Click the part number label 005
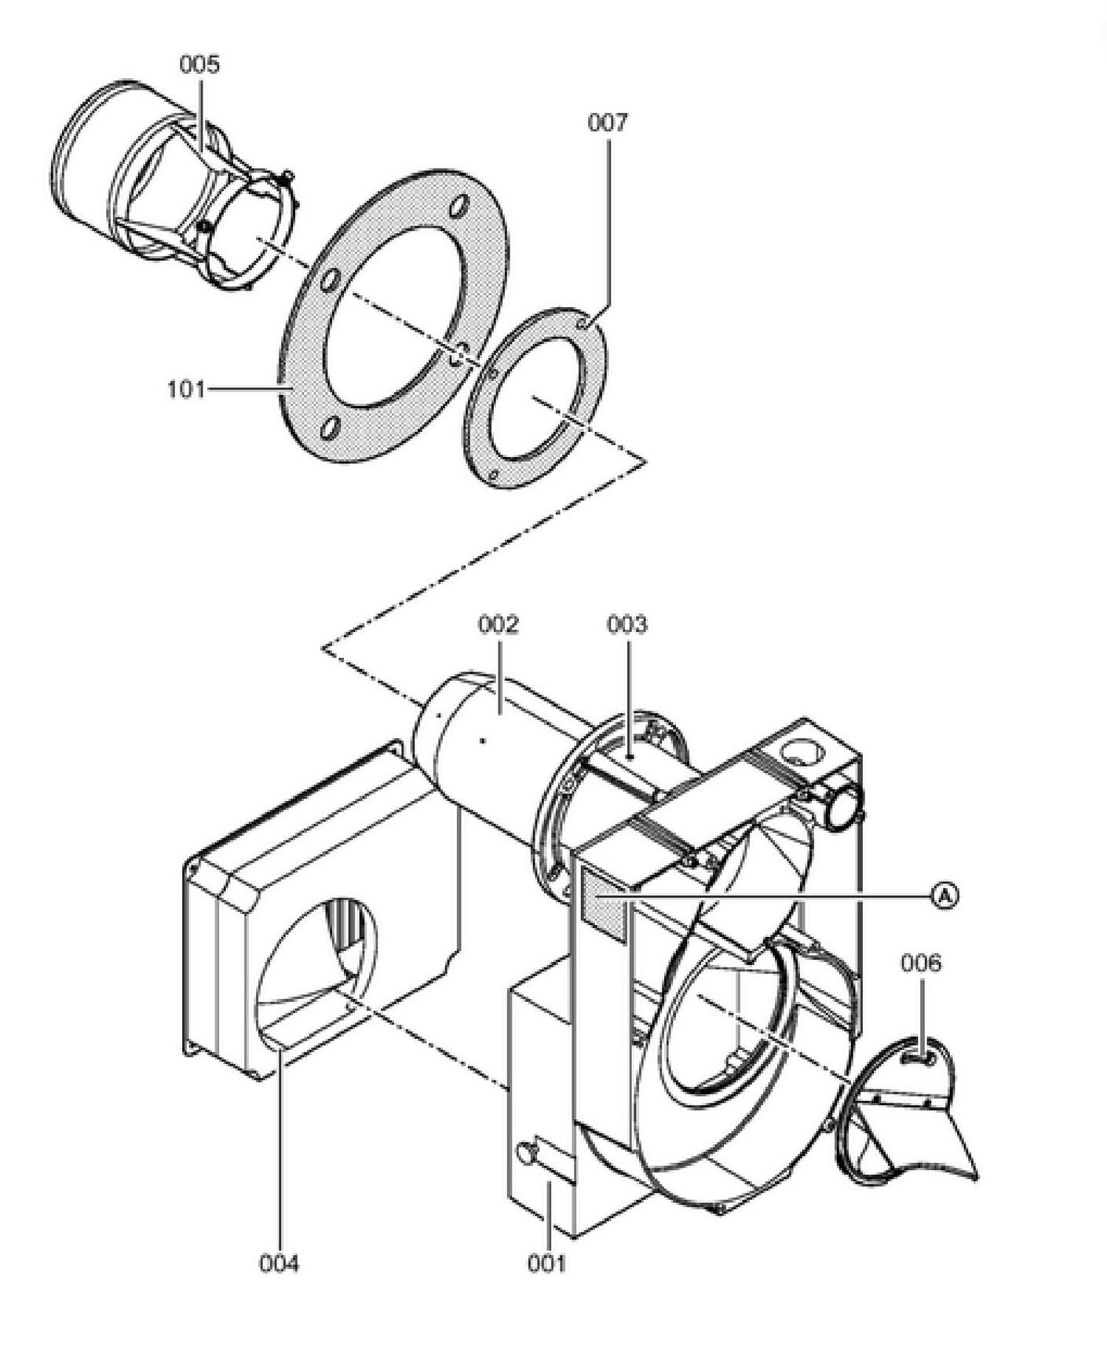(199, 64)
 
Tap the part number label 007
(608, 123)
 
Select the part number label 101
(185, 389)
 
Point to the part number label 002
(499, 625)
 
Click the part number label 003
(627, 625)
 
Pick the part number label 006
(920, 963)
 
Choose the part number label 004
(279, 1264)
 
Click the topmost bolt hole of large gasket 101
(458, 209)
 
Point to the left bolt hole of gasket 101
(331, 280)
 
